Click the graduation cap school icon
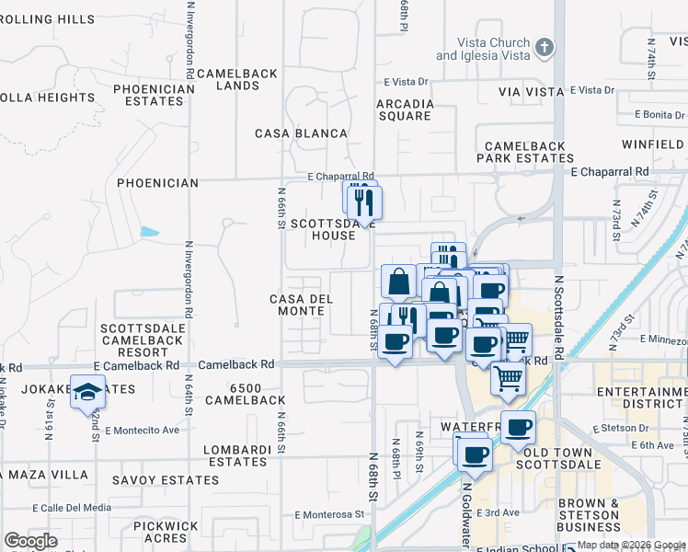(87, 393)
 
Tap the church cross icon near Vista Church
(545, 47)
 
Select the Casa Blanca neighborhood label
(302, 133)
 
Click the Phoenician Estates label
(155, 96)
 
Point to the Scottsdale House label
(323, 229)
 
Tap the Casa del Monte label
(297, 305)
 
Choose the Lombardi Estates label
(238, 455)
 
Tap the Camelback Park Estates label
(530, 152)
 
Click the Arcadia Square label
(405, 109)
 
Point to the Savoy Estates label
(165, 480)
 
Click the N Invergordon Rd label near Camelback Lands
(190, 52)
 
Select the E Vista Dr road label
(591, 90)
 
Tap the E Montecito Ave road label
(142, 430)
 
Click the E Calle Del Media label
(72, 507)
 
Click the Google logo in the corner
(30, 541)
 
